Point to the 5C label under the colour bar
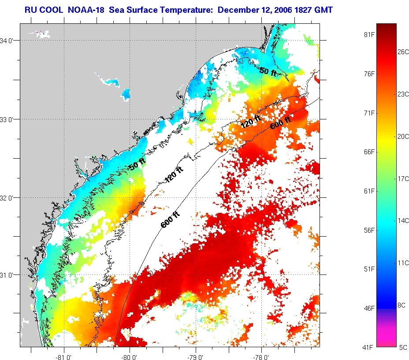click(x=403, y=347)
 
